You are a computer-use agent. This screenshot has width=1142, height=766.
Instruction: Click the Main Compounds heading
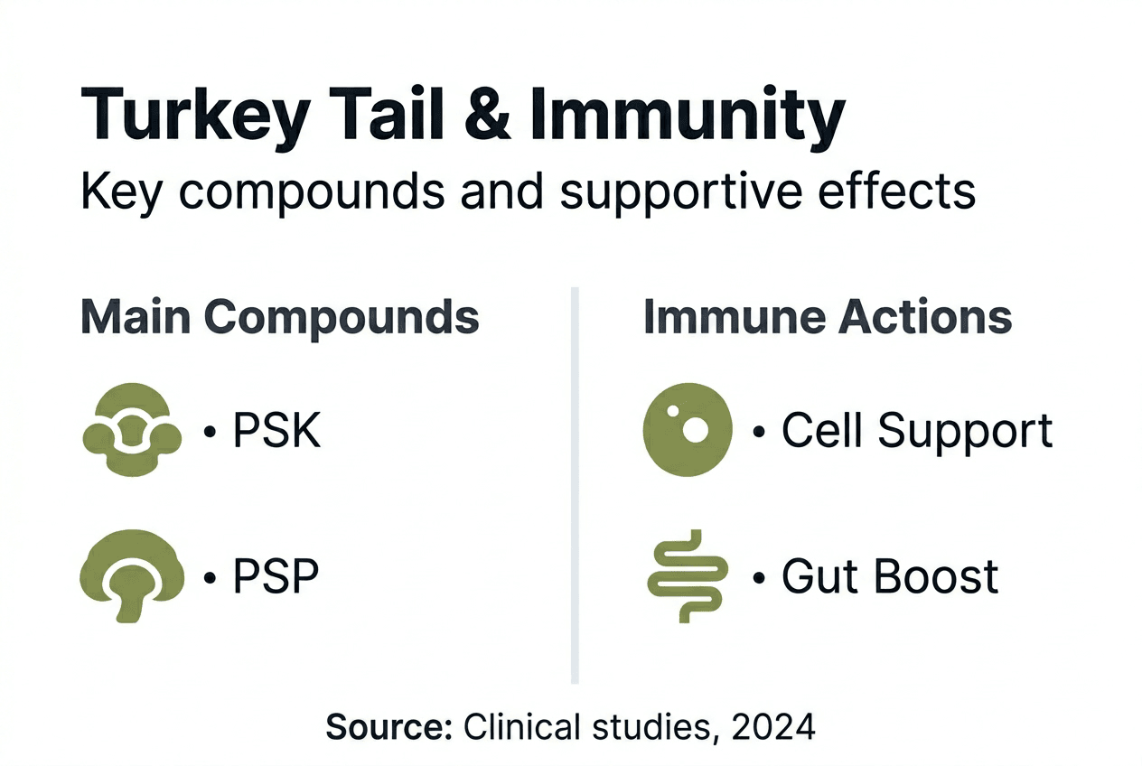280,317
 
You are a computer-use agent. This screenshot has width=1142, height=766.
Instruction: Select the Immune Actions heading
827,317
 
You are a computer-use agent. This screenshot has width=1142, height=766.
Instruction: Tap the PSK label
276,431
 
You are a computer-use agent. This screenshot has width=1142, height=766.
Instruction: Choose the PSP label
276,575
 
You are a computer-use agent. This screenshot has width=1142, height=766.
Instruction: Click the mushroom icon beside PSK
132,432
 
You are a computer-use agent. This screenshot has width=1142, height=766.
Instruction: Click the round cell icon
687,430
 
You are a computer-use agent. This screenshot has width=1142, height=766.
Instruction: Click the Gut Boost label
890,575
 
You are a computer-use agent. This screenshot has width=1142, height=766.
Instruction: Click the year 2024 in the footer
773,726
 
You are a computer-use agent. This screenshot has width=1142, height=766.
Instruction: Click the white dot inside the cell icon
694,430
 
